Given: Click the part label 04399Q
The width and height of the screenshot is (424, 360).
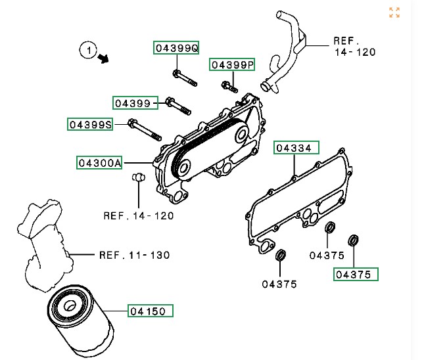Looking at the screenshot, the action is click(x=176, y=48).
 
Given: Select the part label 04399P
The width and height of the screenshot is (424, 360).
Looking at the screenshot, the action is click(x=232, y=65).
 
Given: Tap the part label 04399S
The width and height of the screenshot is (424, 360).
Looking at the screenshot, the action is click(x=90, y=125).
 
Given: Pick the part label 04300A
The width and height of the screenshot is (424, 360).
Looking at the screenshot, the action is click(x=99, y=163).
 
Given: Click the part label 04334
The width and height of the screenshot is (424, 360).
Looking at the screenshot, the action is click(x=296, y=148).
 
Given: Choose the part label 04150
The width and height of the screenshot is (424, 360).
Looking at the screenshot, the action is click(x=151, y=311).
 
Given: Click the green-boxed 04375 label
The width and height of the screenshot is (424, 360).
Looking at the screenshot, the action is click(x=356, y=275).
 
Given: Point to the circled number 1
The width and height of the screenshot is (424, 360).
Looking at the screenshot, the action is click(x=89, y=51).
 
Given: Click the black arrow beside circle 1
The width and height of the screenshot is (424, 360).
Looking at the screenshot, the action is click(x=103, y=58).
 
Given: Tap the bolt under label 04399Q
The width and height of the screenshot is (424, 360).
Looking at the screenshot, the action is click(x=185, y=78).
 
